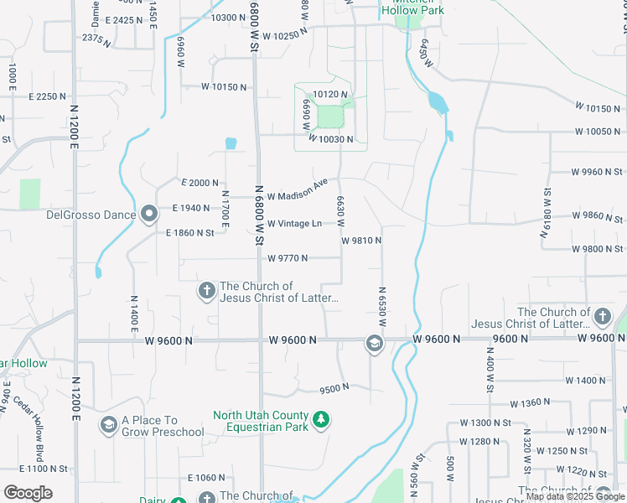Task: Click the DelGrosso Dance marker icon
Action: [x=150, y=215]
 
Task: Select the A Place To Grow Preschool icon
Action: [x=108, y=426]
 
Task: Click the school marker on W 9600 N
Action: [x=373, y=343]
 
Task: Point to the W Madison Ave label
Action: [x=297, y=189]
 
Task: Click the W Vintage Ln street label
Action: [x=294, y=224]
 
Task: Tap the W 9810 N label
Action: [x=361, y=241]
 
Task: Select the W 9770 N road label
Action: [x=287, y=258]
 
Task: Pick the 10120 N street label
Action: [x=329, y=96]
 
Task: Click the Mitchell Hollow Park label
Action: [x=412, y=11]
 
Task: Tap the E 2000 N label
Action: [x=199, y=183]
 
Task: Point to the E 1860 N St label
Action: [x=190, y=232]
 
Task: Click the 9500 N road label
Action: [x=334, y=389]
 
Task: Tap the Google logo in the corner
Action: [x=27, y=493]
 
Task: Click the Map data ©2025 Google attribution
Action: [x=574, y=496]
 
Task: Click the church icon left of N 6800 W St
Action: [x=206, y=291]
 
